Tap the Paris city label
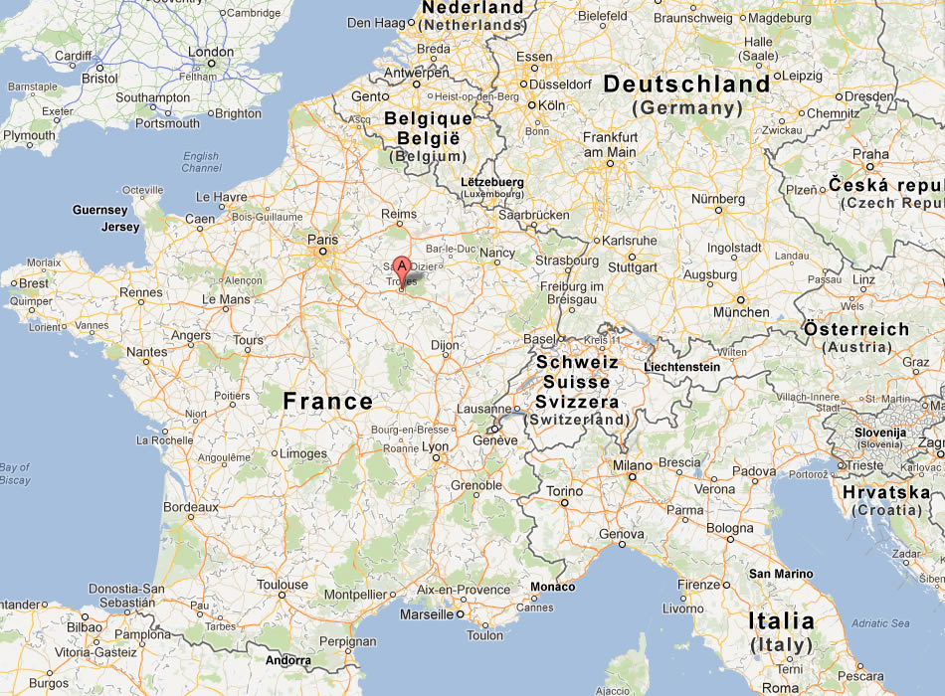[323, 240]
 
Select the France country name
[328, 402]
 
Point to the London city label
[211, 52]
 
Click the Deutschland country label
[687, 85]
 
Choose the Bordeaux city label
[190, 507]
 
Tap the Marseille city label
[426, 613]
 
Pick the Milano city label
[632, 465]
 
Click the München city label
[741, 312]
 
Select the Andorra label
[287, 659]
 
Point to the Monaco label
[552, 587]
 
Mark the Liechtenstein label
[682, 367]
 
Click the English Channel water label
[202, 162]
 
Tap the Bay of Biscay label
[15, 473]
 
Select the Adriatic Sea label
[879, 623]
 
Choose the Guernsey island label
[100, 211]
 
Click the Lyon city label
[436, 447]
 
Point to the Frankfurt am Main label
[610, 144]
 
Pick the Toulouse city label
[283, 585]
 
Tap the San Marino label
[781, 574]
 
